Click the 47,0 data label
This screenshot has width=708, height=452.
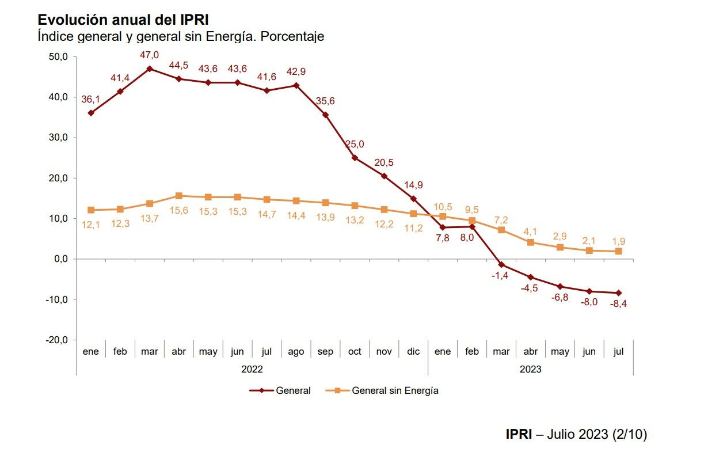(150, 55)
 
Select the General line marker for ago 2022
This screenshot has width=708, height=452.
(296, 85)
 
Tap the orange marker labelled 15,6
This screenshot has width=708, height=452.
(179, 196)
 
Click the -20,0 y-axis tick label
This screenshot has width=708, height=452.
(58, 340)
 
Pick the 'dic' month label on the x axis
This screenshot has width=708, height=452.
(413, 351)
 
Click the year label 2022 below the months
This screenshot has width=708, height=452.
(252, 369)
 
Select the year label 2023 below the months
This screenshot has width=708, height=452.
(530, 369)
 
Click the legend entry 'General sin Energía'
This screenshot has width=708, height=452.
(395, 390)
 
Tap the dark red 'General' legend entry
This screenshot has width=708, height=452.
(293, 390)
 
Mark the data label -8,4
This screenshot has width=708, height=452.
(618, 304)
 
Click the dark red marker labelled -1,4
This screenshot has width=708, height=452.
(501, 265)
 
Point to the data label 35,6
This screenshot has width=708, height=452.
(325, 101)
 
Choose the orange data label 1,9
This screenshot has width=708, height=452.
(619, 241)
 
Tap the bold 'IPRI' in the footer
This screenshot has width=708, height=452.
(519, 434)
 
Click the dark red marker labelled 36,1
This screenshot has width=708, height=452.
(91, 113)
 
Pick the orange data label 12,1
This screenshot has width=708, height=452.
(91, 225)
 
